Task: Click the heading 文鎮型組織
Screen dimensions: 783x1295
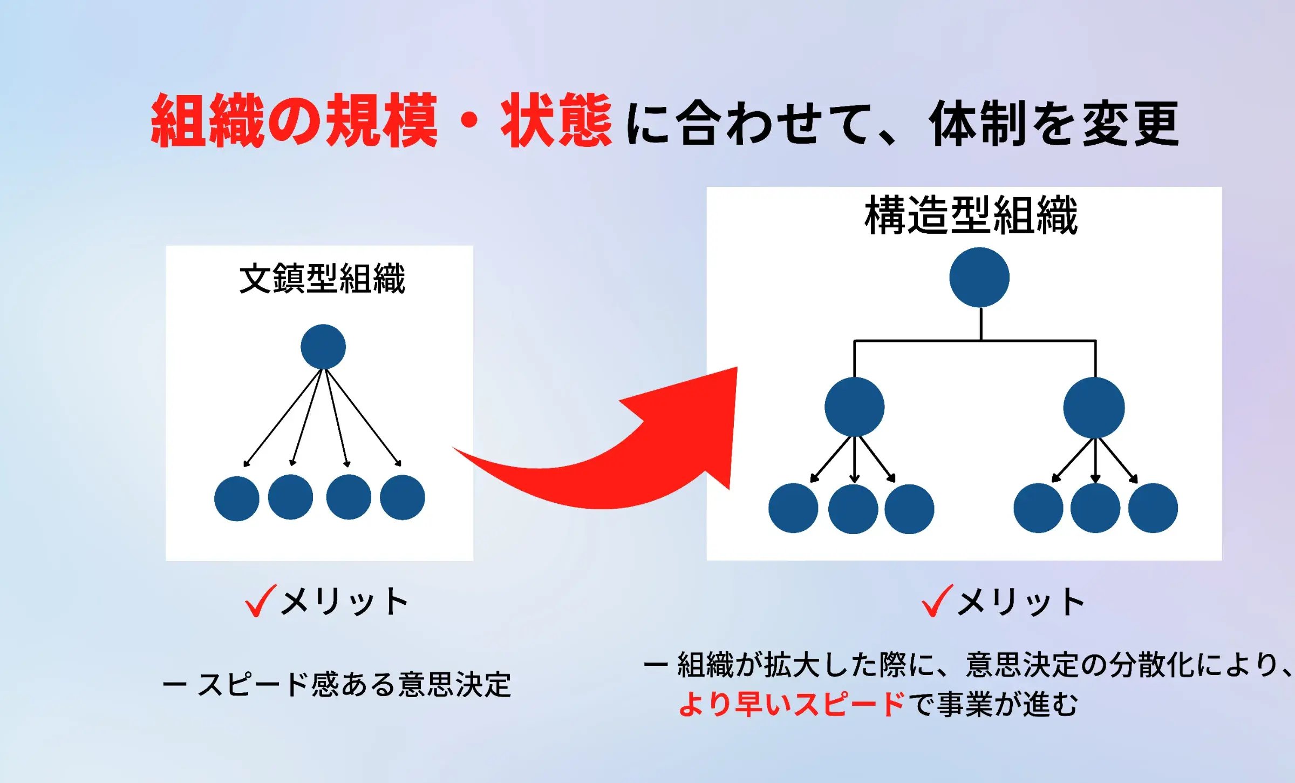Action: [322, 279]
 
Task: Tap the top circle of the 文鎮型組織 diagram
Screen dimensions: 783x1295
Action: [323, 347]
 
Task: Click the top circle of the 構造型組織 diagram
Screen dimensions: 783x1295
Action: [979, 278]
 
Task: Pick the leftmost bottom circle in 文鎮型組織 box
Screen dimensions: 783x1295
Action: [236, 498]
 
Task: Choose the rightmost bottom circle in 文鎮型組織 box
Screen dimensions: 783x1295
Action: [403, 497]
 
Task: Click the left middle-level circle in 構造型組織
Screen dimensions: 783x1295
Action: [854, 407]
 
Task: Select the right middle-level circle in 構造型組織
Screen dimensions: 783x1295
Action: [1094, 408]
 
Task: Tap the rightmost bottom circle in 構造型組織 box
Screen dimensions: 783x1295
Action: [1153, 508]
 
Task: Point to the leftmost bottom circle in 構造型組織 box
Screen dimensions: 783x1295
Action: [793, 508]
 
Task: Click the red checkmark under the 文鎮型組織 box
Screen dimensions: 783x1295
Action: [260, 600]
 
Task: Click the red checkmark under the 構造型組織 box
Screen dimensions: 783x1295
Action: [937, 600]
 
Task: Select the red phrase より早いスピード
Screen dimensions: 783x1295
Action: [791, 704]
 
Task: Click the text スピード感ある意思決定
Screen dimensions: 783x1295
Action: [353, 685]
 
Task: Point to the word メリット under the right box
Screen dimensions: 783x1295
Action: [1021, 602]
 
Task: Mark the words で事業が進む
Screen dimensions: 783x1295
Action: [993, 704]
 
